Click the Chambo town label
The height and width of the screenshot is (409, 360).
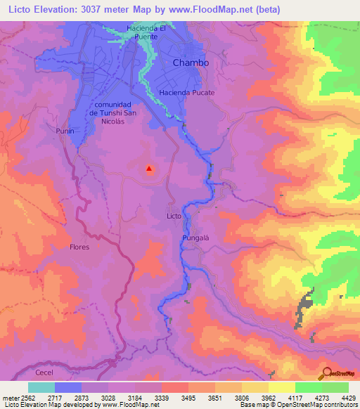[191, 63]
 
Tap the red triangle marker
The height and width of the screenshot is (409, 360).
[149, 168]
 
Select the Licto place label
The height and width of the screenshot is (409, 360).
[174, 215]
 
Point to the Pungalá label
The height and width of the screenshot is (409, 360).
[197, 238]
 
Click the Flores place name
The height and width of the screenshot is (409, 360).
[79, 247]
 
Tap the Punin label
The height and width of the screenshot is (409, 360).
[65, 131]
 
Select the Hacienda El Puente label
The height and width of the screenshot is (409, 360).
[146, 32]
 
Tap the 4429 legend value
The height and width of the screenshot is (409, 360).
[340, 398]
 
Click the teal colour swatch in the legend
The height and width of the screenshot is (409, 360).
[41, 387]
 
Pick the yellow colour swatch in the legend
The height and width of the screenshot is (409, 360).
[281, 387]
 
